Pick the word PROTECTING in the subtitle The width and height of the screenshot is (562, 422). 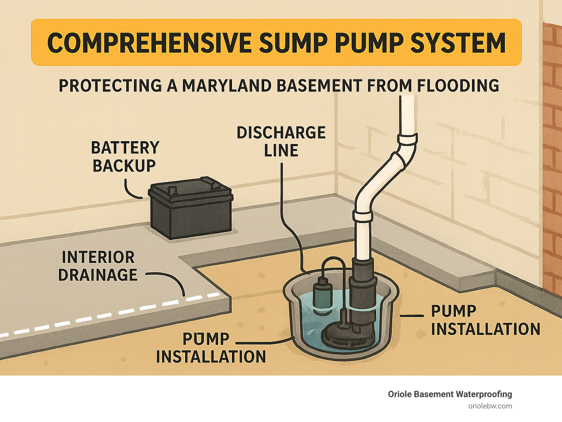pyautogui.click(x=110, y=86)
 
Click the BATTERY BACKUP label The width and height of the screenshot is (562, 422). pyautogui.click(x=125, y=157)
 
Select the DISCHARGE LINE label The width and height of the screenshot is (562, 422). pyautogui.click(x=281, y=142)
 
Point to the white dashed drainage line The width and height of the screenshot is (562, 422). pyautogui.click(x=110, y=315)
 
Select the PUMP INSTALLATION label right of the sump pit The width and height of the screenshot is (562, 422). pyautogui.click(x=485, y=320)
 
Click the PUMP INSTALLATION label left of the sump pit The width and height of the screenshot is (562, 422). pyautogui.click(x=211, y=348)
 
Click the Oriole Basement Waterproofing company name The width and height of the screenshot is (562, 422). pyautogui.click(x=450, y=394)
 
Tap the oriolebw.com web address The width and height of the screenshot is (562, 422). pyautogui.click(x=490, y=406)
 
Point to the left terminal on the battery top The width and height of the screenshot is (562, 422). pyautogui.click(x=171, y=190)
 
